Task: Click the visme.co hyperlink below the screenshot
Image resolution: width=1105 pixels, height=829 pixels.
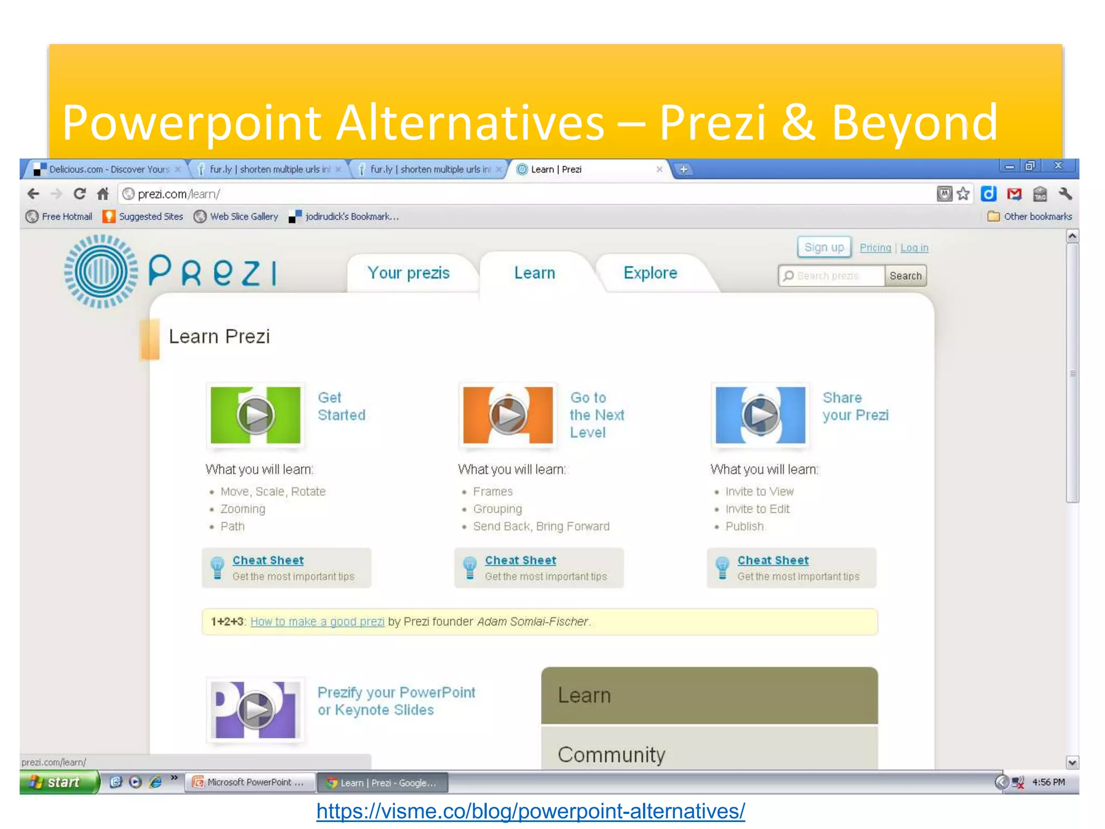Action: click(530, 811)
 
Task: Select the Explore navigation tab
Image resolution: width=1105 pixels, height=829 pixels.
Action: click(650, 273)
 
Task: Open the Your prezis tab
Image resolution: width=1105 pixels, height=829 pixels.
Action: click(408, 273)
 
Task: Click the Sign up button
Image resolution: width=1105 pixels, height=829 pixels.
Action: click(824, 247)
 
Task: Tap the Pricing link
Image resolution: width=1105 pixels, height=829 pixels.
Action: click(875, 248)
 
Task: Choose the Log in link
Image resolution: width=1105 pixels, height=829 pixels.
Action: click(914, 248)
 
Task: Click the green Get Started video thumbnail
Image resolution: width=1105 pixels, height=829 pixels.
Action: click(255, 415)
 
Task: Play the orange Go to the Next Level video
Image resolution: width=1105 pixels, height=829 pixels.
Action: click(508, 415)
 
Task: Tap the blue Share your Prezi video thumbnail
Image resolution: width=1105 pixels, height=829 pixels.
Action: click(760, 415)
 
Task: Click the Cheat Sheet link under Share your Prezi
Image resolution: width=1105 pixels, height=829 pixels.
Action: click(773, 560)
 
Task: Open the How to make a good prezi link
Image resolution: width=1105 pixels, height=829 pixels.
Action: click(317, 622)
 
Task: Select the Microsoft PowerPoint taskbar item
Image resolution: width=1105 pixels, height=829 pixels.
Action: click(250, 782)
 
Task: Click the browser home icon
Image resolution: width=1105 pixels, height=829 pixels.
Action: click(103, 194)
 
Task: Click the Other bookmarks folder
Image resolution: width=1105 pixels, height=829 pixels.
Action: click(1030, 216)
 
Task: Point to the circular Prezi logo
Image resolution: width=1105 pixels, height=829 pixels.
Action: click(100, 271)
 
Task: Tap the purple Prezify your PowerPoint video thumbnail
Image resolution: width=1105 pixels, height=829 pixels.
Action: click(255, 710)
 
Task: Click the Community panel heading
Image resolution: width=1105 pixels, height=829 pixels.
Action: click(611, 754)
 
